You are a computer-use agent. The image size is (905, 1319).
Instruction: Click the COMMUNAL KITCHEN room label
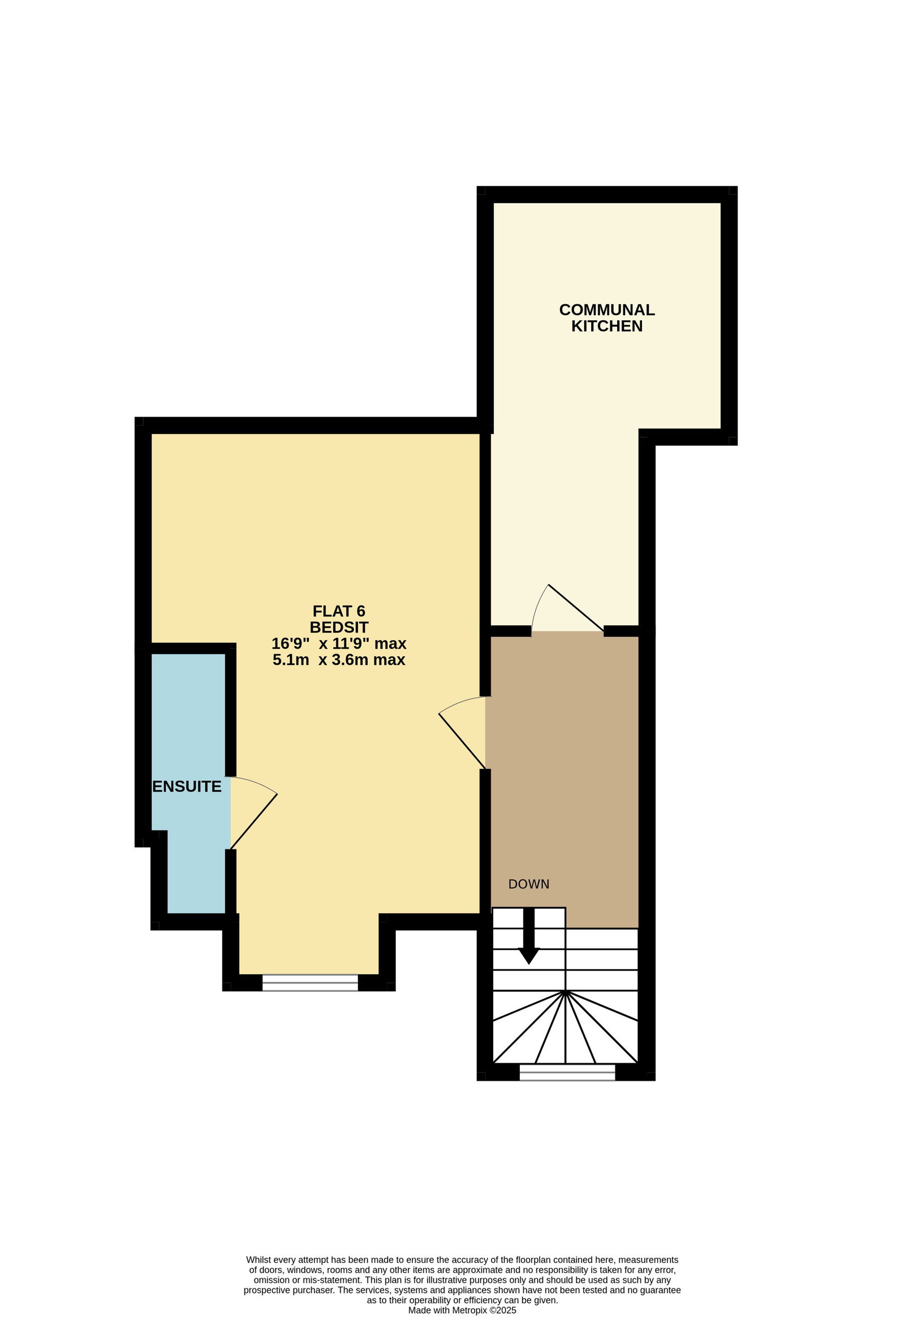606,318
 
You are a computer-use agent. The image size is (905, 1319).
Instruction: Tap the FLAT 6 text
339,611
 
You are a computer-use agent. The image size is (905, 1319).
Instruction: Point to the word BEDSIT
339,627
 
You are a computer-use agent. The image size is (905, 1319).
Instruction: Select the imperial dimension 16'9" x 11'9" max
339,643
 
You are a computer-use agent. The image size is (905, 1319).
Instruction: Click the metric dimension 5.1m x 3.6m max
339,660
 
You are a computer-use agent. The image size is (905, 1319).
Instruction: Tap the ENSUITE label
187,786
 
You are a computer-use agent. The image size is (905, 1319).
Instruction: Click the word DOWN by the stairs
529,884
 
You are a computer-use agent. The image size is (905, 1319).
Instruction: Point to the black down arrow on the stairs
529,936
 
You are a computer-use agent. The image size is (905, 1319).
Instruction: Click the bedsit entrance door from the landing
462,732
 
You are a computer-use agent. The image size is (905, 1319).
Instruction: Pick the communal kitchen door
567,608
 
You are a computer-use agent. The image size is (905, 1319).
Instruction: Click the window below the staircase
567,1072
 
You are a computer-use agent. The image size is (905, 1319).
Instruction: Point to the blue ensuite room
191,783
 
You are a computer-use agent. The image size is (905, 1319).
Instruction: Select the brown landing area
564,772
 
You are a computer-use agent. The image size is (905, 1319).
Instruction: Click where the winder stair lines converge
566,991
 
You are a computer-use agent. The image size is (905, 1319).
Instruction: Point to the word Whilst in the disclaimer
258,1260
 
